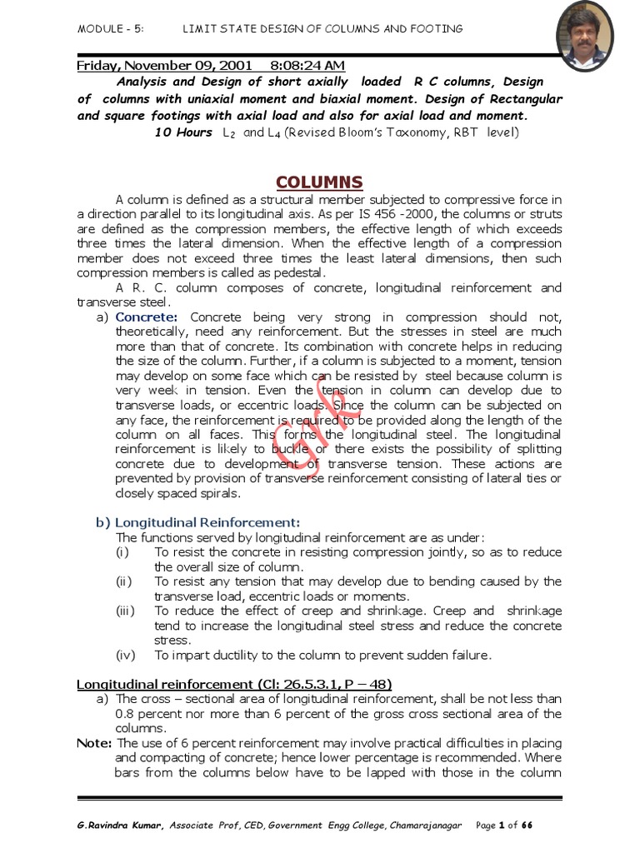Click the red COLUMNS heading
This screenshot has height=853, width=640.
319,182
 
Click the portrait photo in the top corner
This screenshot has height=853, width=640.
584,36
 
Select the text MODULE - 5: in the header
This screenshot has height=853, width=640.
110,28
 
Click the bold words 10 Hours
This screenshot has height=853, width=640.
183,132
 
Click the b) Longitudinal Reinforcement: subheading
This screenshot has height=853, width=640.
197,522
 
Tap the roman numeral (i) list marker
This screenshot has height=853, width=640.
123,552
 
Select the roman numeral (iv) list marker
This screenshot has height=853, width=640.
125,655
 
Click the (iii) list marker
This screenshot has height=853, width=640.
125,611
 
